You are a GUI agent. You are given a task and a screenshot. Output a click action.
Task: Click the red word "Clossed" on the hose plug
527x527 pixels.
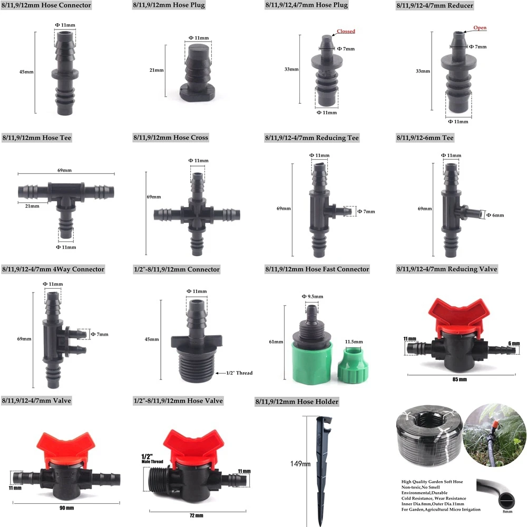click(346, 31)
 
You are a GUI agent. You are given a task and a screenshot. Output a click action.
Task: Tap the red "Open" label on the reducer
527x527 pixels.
click(480, 28)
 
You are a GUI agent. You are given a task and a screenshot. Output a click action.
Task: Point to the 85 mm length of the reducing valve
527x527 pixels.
click(459, 379)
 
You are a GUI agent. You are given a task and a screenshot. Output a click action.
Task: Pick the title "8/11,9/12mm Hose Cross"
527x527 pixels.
click(171, 138)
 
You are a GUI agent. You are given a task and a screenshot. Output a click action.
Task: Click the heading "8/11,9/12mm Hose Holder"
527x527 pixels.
click(296, 402)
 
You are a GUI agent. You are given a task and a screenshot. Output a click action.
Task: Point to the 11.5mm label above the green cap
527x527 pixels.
click(354, 342)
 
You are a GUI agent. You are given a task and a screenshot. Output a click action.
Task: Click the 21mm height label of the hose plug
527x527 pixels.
click(157, 70)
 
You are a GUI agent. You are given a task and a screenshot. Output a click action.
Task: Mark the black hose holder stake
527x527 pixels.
click(321, 464)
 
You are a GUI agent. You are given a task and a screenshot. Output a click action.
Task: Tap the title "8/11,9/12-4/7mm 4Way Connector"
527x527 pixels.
click(53, 269)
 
